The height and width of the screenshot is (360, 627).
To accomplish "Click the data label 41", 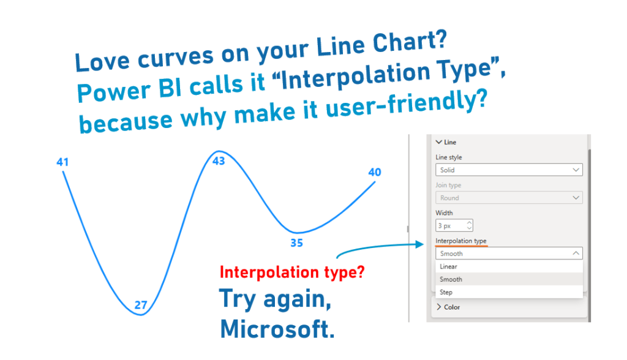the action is coord(62,162).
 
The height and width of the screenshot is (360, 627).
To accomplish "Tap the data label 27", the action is coord(141,305).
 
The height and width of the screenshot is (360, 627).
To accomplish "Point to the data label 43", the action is coord(219,161).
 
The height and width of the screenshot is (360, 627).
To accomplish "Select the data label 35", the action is coord(297,243).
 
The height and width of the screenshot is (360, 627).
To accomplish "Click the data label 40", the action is coord(375,172).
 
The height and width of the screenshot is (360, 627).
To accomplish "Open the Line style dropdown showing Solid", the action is coord(509,170).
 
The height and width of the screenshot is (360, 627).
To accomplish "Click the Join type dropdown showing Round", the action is coord(509,198).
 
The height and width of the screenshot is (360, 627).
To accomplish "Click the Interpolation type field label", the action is coord(461,241).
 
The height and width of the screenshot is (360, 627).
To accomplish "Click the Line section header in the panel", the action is coord(446,142).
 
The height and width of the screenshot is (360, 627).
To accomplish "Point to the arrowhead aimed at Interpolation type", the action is coord(419,244).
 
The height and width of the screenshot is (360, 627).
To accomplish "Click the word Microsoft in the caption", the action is coord(277,329).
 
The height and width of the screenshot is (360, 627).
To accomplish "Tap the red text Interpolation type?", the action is coord(292,272).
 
